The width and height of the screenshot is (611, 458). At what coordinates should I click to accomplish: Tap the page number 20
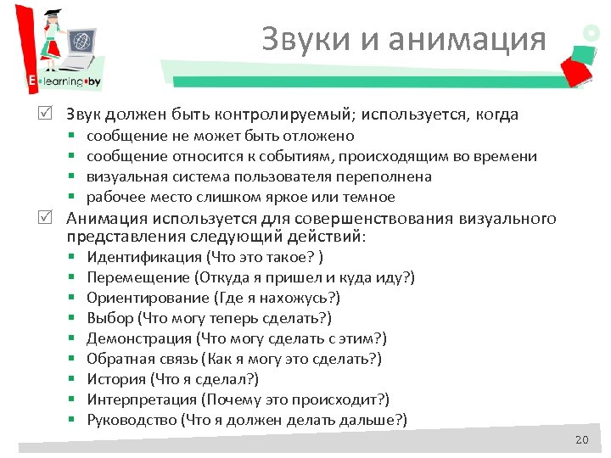pyautogui.click(x=580, y=439)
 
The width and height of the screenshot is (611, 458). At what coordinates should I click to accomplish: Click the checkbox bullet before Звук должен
pyautogui.click(x=53, y=114)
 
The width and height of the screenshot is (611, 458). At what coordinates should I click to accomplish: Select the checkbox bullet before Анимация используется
pyautogui.click(x=53, y=220)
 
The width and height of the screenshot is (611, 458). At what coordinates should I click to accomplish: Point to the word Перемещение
pyautogui.click(x=137, y=277)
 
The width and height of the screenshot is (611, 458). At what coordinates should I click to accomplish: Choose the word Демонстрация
pyautogui.click(x=139, y=338)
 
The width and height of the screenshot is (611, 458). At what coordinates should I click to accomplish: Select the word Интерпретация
pyautogui.click(x=140, y=399)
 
